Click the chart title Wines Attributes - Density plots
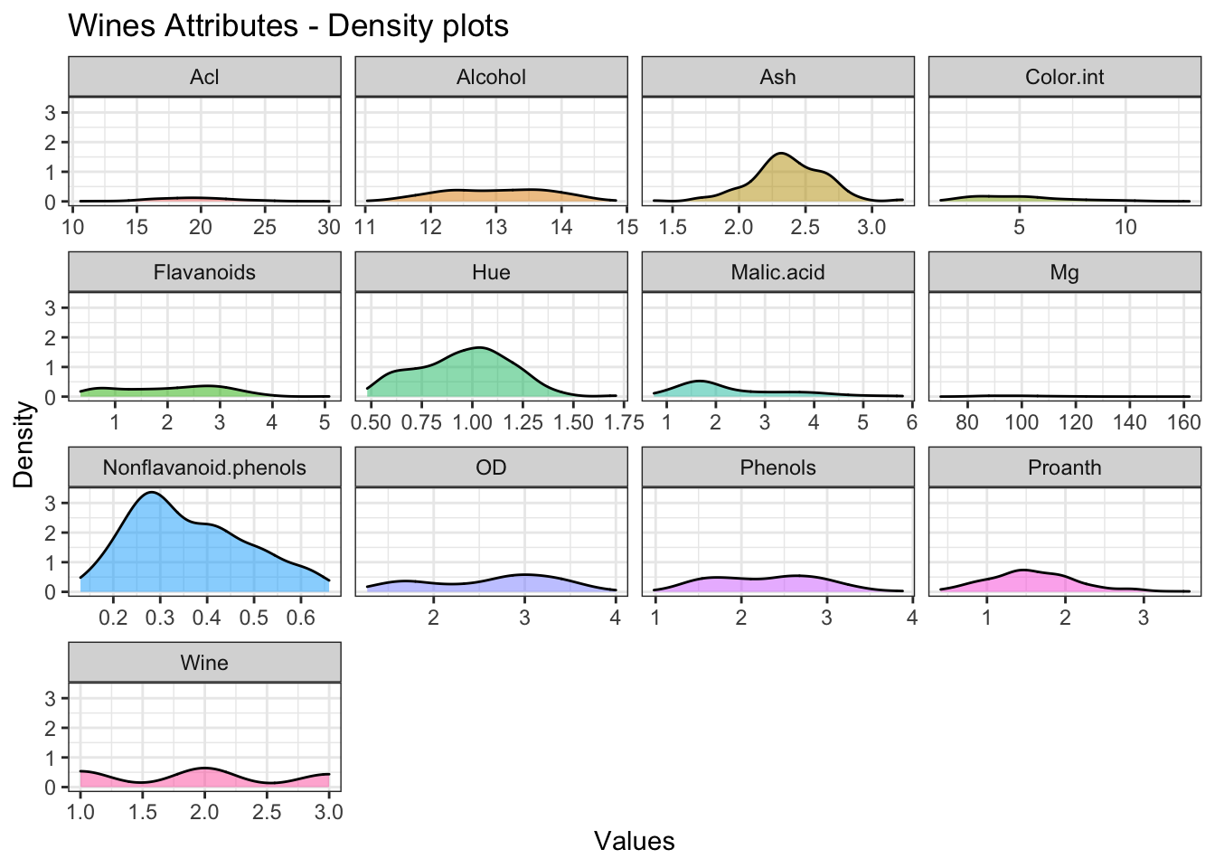pyautogui.click(x=288, y=25)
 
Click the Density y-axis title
pyautogui.click(x=24, y=445)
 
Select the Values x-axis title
pyautogui.click(x=634, y=842)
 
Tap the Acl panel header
pyautogui.click(x=204, y=77)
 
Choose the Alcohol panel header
pyautogui.click(x=491, y=77)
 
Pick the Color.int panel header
pyautogui.click(x=1064, y=77)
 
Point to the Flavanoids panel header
pyautogui.click(x=204, y=272)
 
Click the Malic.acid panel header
pyautogui.click(x=777, y=272)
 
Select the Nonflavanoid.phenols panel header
pyautogui.click(x=204, y=467)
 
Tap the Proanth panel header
pyautogui.click(x=1064, y=467)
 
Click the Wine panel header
pyautogui.click(x=204, y=663)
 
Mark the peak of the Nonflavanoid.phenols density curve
pyautogui.click(x=152, y=493)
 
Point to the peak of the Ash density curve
pyautogui.click(x=780, y=153)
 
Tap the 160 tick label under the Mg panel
pyautogui.click(x=1184, y=422)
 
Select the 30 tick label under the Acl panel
pyautogui.click(x=329, y=227)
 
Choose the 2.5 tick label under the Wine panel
pyautogui.click(x=267, y=813)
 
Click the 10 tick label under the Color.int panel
pyautogui.click(x=1126, y=227)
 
